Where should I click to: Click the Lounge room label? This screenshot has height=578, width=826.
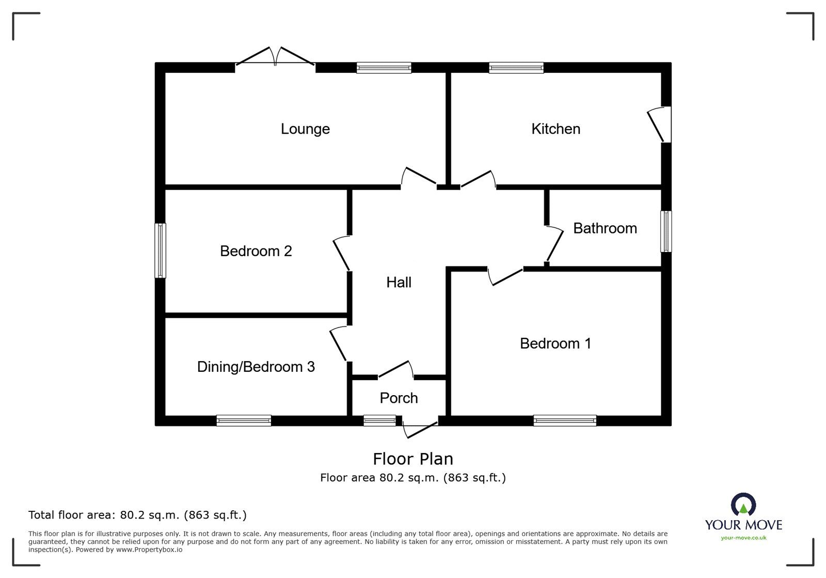305,129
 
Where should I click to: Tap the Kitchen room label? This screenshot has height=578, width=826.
555,129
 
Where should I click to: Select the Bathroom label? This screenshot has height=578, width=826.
605,228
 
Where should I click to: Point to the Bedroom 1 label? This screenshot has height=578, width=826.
555,343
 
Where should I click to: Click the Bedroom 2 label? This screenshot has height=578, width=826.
256,251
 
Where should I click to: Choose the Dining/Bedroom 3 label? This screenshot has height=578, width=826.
256,367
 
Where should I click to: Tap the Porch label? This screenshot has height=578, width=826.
399,398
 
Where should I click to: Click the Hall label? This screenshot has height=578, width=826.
399,283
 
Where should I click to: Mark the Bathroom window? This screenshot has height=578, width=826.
665,231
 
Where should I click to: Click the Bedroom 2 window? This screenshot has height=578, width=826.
160,251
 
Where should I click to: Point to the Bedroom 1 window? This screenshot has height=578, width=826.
565,420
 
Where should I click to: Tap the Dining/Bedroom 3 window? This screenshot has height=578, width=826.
244,420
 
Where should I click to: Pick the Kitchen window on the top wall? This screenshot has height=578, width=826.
516,68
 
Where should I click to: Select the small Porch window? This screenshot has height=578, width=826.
380,420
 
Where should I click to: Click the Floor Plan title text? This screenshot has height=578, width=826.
413,459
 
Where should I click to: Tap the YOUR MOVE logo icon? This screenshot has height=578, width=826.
743,504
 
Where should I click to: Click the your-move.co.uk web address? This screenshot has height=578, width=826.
743,538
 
